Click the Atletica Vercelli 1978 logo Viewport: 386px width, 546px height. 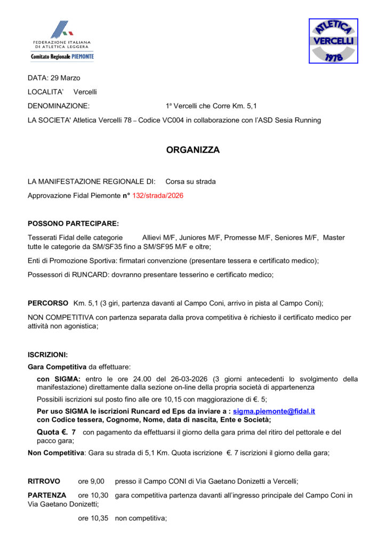pos(334,41)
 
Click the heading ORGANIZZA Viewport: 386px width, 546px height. pos(193,150)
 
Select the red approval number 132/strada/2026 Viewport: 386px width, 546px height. pos(158,196)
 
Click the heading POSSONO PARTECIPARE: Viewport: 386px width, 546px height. pos(73,223)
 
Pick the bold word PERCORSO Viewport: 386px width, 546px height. pos(48,303)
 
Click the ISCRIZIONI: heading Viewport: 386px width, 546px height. pos(48,355)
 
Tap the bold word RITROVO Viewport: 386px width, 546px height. pos(44,481)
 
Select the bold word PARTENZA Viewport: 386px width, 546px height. pos(47,495)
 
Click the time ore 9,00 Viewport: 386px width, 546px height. pos(91,481)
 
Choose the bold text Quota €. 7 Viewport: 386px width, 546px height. pos(56,432)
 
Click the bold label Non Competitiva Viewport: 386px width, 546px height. pos(56,453)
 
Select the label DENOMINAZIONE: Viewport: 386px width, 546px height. pos(59,106)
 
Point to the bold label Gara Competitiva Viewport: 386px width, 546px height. pos(57,367)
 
